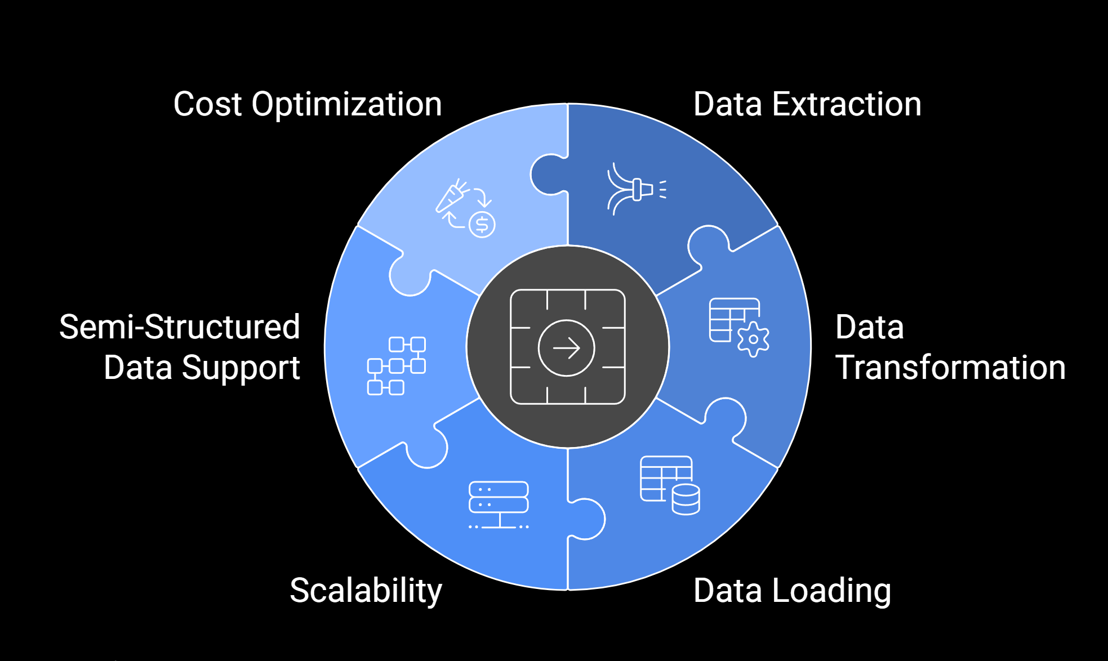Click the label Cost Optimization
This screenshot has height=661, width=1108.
(307, 105)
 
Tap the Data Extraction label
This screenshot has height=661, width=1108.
(807, 105)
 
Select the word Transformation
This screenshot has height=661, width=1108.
(950, 368)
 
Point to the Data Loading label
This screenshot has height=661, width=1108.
(791, 591)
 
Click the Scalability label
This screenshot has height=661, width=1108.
(366, 591)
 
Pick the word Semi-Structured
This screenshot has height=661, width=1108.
(179, 327)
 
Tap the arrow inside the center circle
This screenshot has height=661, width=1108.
(567, 348)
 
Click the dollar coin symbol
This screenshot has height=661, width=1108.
(482, 225)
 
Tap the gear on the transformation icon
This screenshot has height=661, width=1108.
(753, 339)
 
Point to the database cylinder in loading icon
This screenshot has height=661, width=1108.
(686, 499)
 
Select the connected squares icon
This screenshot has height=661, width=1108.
(396, 366)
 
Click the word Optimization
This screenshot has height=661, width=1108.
(346, 105)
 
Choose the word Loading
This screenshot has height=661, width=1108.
(831, 591)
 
